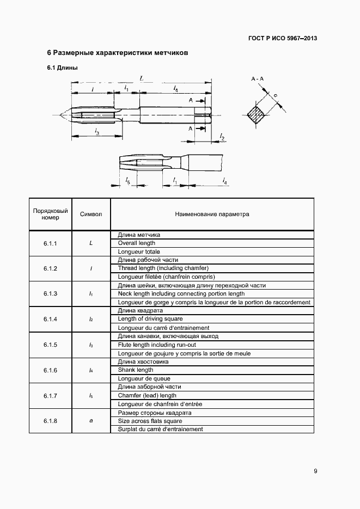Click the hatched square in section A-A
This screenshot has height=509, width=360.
[255, 114]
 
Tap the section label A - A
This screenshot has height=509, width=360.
[257, 79]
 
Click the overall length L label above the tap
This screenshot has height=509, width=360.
[142, 78]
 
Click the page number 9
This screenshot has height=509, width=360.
[315, 471]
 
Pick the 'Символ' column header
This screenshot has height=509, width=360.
[91, 214]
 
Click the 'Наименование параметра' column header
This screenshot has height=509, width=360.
[212, 214]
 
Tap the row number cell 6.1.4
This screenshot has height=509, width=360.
[50, 319]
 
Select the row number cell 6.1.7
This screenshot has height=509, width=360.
[50, 395]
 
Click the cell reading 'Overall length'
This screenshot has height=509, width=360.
[137, 243]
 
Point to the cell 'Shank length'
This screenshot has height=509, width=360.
[136, 370]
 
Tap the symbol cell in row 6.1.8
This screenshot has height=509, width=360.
[91, 421]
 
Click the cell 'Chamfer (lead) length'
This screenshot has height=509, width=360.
[147, 396]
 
